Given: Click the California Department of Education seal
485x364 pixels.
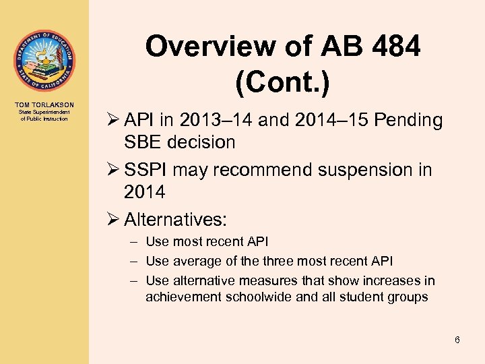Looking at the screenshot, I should click(44, 61).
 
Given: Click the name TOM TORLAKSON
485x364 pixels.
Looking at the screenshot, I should click(44, 104).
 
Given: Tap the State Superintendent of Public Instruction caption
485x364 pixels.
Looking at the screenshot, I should click(44, 115).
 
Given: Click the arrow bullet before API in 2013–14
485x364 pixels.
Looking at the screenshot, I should click(111, 121).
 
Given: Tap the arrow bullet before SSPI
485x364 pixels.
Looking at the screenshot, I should click(111, 171).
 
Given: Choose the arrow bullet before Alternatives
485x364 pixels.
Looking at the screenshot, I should click(111, 220).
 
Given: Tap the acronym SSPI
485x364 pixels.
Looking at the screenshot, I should click(148, 171).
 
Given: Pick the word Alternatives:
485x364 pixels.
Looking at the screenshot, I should click(176, 220).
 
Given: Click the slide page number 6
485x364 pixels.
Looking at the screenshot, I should click(457, 340).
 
